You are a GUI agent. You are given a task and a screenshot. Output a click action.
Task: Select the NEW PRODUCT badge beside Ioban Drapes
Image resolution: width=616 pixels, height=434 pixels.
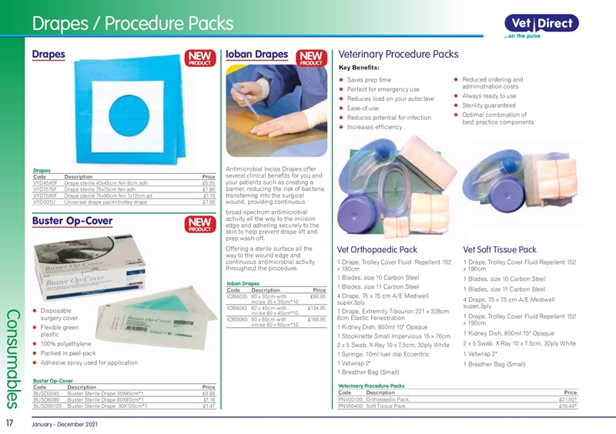coord(311,58)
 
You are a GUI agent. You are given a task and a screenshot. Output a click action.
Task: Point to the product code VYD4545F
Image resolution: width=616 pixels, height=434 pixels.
coord(48,183)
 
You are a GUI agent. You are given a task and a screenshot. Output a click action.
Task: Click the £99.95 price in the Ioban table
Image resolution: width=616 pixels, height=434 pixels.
coord(318,296)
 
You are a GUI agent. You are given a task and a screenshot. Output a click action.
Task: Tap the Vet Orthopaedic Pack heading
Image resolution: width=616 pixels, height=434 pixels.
coord(377,250)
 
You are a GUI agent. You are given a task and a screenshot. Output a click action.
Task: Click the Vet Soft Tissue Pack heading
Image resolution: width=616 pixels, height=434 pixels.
coord(500,250)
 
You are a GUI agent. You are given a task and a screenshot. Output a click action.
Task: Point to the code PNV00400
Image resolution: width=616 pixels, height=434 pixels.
coord(351,406)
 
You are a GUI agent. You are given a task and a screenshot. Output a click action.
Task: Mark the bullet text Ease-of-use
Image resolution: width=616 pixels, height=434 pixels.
coord(363,108)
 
